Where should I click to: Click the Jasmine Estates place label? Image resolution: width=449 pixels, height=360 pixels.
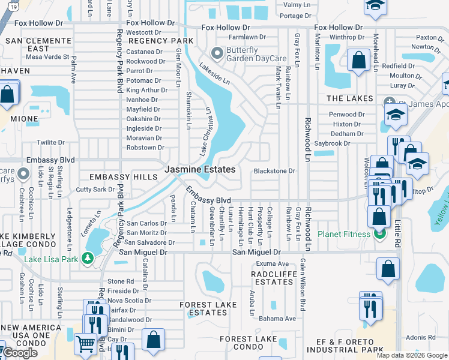[200, 170]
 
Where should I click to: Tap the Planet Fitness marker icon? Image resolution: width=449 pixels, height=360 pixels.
[379, 234]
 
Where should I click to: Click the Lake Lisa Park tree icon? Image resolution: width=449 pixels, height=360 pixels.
[88, 259]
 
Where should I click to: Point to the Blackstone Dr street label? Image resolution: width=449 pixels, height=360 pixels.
[274, 171]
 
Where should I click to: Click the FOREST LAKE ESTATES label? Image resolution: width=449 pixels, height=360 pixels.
[208, 308]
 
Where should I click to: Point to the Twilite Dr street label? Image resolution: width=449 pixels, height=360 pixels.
[50, 143]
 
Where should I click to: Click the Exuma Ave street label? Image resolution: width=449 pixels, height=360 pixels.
[273, 263]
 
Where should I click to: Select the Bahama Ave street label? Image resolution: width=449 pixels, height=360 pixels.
[278, 319]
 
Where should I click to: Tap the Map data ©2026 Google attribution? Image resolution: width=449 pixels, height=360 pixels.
[411, 355]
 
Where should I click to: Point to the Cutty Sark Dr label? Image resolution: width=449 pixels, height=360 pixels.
[95, 190]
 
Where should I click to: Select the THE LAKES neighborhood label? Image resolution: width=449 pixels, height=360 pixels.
[349, 98]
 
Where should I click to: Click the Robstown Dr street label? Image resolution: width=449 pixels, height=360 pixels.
[144, 148]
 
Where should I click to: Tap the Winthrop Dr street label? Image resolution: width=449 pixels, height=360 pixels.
[343, 37]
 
